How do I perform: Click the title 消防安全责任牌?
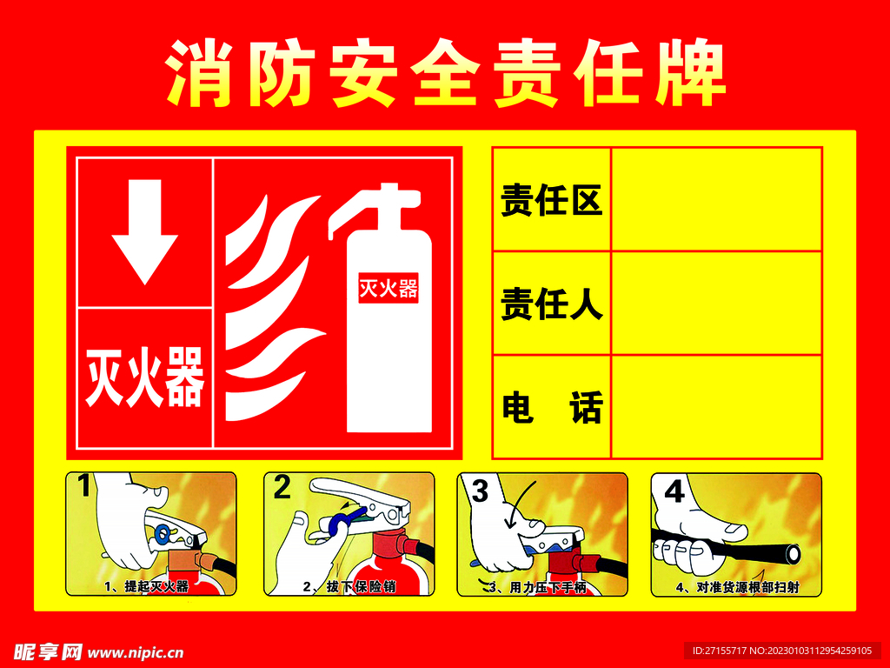click(445, 73)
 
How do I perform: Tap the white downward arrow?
click(144, 230)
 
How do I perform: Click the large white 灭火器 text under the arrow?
click(144, 377)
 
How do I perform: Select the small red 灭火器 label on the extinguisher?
click(389, 288)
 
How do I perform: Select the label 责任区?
click(551, 202)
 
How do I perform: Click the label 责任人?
click(551, 304)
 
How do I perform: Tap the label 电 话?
click(551, 407)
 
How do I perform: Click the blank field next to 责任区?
click(717, 200)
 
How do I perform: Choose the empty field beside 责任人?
click(717, 303)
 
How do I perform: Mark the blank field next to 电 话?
click(717, 405)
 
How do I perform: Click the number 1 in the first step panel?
click(84, 486)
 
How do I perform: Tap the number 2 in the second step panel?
click(282, 488)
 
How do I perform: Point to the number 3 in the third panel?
click(479, 491)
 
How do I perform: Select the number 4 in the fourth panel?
click(674, 491)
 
